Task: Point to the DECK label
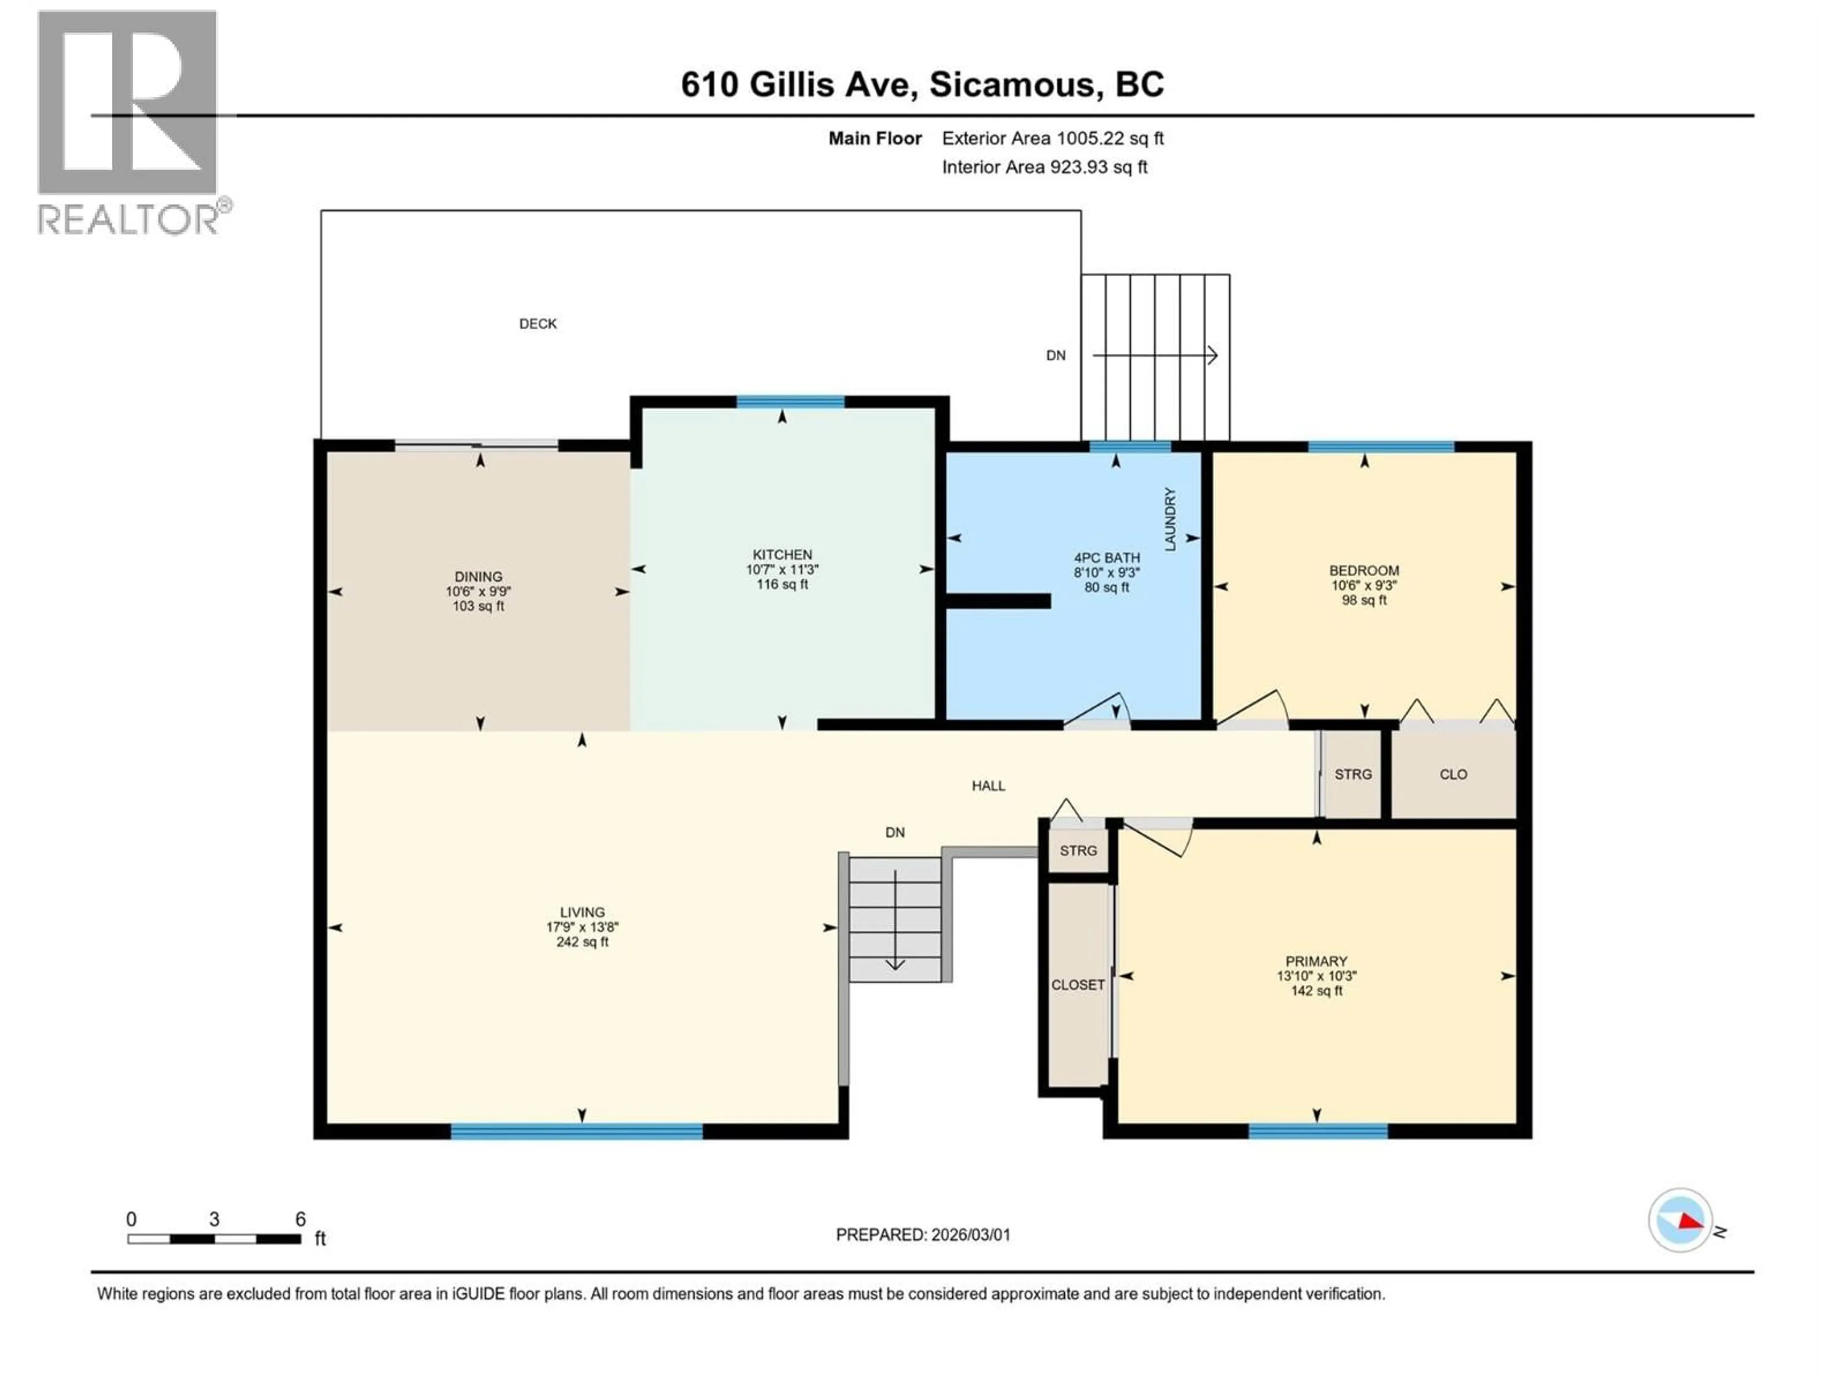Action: point(537,324)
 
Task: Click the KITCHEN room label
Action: point(782,555)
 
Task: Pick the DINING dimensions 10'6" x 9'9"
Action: point(478,592)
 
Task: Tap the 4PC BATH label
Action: point(1107,558)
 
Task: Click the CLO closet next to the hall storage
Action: point(1453,774)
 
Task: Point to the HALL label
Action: point(988,786)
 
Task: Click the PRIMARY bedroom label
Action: point(1316,961)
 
